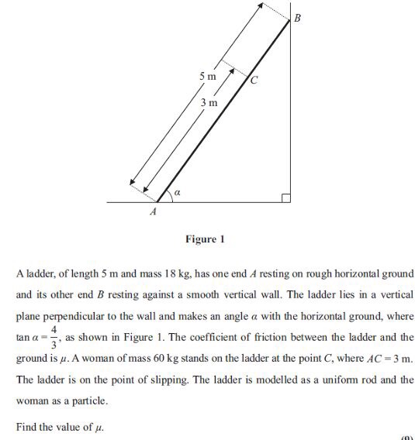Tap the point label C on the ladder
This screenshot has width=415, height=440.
(254, 80)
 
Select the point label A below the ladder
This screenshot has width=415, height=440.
(153, 210)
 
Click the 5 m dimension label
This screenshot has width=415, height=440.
(206, 77)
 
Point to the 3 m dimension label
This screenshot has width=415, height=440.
(208, 102)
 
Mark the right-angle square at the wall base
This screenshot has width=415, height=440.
(286, 198)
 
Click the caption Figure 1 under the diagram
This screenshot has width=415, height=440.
(205, 239)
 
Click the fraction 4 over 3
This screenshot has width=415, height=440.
(54, 338)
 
